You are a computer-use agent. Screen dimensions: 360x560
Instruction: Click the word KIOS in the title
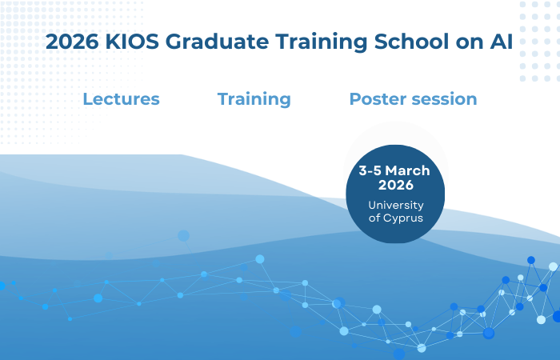[128, 42]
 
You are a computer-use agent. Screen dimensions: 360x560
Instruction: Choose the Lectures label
[121, 99]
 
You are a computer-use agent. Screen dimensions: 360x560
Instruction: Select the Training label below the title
[254, 99]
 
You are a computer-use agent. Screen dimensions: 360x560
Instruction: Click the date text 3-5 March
[394, 171]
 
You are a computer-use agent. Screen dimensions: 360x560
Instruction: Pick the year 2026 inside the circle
[395, 186]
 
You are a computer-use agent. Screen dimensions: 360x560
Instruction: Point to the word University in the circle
[395, 206]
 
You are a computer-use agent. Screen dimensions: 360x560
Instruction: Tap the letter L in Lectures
[87, 99]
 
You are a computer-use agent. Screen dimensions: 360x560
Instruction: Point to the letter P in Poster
[354, 99]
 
